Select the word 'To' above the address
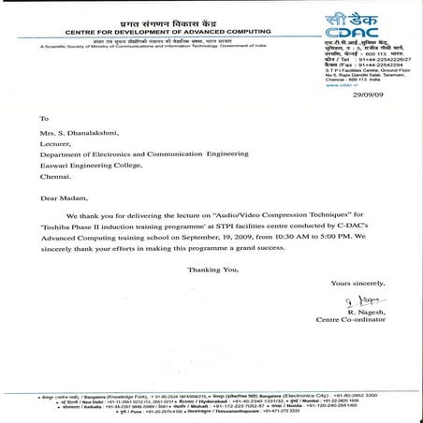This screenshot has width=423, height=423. [43, 120]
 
